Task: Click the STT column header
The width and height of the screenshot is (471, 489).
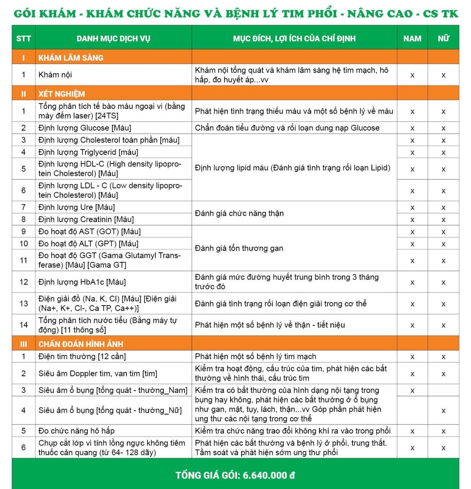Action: click(x=24, y=38)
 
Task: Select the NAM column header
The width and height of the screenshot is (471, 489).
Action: click(x=412, y=38)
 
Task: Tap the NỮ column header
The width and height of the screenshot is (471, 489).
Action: click(x=443, y=38)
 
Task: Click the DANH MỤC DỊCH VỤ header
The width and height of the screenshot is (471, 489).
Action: click(x=113, y=38)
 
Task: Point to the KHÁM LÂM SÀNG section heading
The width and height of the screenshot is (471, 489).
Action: click(x=71, y=58)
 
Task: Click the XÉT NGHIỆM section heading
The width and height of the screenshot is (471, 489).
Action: click(x=62, y=94)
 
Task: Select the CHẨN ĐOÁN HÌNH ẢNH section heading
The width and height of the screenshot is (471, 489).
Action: click(x=81, y=344)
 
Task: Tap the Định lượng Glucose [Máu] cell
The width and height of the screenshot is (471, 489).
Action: click(x=85, y=128)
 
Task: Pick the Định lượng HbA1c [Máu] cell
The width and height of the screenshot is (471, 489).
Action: click(x=82, y=282)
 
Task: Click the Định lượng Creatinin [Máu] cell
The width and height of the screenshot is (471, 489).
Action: click(x=86, y=219)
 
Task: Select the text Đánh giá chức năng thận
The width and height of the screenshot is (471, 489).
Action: click(x=239, y=213)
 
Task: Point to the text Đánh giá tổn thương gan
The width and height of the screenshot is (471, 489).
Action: click(x=239, y=248)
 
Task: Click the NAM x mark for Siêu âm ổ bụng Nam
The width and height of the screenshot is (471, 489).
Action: click(x=412, y=391)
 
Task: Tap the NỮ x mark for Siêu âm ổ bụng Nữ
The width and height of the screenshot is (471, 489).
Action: click(x=443, y=411)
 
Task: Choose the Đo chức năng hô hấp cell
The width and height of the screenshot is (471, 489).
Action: click(x=76, y=431)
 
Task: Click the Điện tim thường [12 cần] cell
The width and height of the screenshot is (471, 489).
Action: click(x=82, y=356)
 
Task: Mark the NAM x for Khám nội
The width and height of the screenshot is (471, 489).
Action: click(x=412, y=75)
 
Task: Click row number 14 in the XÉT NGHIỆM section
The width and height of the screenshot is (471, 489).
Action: click(x=24, y=325)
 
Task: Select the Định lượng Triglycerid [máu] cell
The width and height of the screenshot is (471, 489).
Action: click(x=88, y=152)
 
